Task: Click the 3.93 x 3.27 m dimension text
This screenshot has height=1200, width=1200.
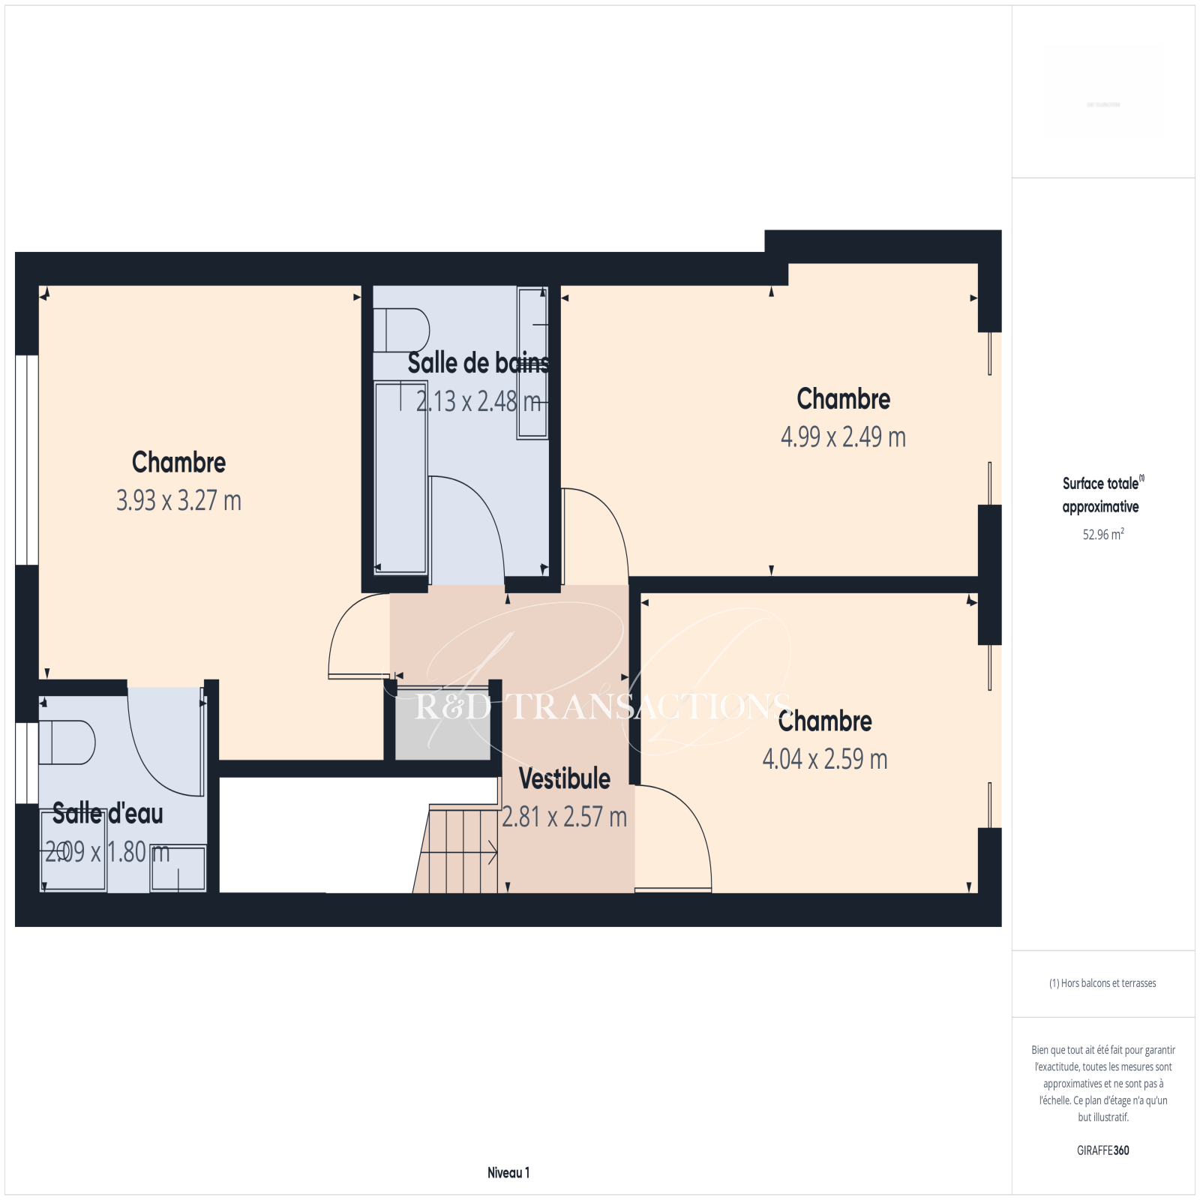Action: pyautogui.click(x=178, y=500)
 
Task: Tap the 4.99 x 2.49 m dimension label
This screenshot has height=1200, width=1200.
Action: pyautogui.click(x=843, y=436)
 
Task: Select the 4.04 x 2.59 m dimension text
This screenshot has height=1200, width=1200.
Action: pyautogui.click(x=825, y=759)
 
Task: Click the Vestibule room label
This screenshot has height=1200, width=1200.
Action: pyautogui.click(x=565, y=778)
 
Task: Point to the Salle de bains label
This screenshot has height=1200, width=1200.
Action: pyautogui.click(x=478, y=363)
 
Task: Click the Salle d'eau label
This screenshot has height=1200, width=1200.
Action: pyautogui.click(x=108, y=814)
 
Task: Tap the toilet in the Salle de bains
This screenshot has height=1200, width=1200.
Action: pyautogui.click(x=401, y=330)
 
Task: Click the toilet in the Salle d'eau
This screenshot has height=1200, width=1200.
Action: pyautogui.click(x=67, y=742)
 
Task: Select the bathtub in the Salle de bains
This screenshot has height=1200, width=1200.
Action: pyautogui.click(x=400, y=478)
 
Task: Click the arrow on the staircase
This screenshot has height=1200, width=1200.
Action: pyautogui.click(x=460, y=852)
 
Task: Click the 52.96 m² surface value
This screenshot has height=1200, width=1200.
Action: pyautogui.click(x=1103, y=534)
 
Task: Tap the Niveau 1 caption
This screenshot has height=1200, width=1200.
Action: pyautogui.click(x=508, y=1172)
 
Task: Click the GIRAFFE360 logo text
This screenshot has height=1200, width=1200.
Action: pyautogui.click(x=1103, y=1150)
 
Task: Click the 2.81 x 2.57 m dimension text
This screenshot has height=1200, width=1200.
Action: pyautogui.click(x=565, y=817)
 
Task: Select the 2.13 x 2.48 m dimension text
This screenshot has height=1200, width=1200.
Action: pyautogui.click(x=478, y=401)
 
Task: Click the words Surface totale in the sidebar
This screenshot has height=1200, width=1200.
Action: pyautogui.click(x=1100, y=484)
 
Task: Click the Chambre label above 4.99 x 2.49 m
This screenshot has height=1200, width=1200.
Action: pyautogui.click(x=844, y=399)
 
